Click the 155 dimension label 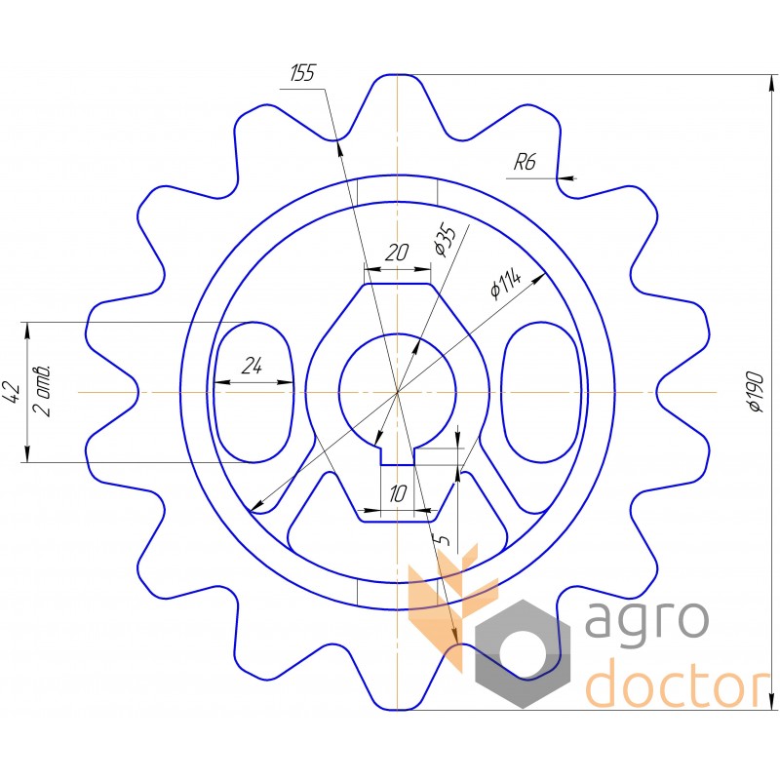302,73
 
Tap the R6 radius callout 525,162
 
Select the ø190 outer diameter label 756,392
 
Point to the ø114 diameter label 505,285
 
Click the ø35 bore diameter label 445,241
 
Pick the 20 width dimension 397,253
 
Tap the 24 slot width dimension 252,367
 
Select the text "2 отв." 41,391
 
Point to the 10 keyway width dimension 398,494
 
